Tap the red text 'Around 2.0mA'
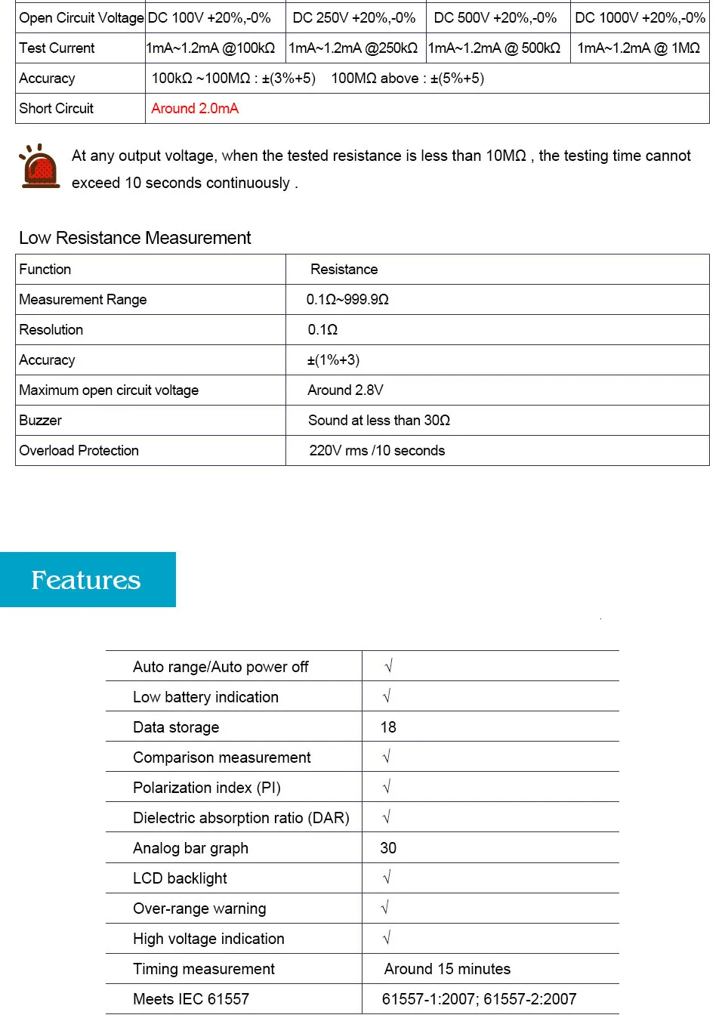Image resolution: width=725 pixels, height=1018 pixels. point(195,109)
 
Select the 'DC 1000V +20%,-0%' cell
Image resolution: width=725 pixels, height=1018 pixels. point(640,18)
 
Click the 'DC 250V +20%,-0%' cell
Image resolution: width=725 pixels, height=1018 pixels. point(354,18)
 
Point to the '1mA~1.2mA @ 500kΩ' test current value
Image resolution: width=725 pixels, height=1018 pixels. point(495,48)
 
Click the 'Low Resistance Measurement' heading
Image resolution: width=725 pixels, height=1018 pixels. point(134,238)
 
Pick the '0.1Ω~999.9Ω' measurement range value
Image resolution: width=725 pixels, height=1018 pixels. point(347,300)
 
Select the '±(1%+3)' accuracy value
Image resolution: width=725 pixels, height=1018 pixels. point(333,360)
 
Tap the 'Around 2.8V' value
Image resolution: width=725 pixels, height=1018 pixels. point(345,390)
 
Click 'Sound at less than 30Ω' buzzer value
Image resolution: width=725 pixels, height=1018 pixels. point(378,421)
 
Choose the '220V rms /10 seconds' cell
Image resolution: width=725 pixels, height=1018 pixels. point(377,451)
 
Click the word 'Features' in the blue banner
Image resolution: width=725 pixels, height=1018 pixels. point(86,580)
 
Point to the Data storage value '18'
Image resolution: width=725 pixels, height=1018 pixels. point(388,727)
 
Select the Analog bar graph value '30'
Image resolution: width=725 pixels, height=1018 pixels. point(388,848)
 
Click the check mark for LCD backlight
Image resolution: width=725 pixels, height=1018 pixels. point(387,878)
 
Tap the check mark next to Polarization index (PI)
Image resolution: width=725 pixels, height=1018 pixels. point(387,787)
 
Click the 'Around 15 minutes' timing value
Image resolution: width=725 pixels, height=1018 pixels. point(447,969)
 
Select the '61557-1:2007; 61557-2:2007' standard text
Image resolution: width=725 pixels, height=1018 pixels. point(479,999)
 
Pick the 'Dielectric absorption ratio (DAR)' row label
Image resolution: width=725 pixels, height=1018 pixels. point(241,818)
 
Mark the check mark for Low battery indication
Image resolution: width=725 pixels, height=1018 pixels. point(387,696)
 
